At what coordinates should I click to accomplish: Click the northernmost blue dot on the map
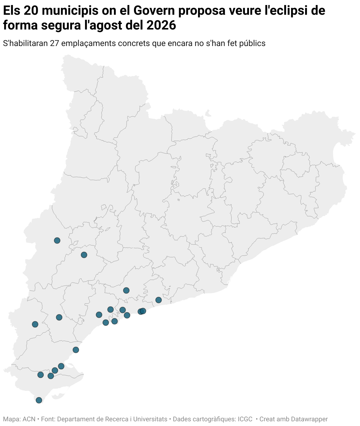tap(57, 240)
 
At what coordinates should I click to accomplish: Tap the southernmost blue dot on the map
tap(39, 400)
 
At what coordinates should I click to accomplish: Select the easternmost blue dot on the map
tap(158, 300)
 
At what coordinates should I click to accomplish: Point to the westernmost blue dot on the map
tap(35, 324)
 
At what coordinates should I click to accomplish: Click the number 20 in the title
tap(31, 11)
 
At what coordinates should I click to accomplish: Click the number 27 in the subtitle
tap(55, 43)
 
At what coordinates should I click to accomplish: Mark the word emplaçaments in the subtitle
tap(89, 43)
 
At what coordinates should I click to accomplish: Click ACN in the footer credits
tap(29, 419)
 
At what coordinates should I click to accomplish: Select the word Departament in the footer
tap(75, 419)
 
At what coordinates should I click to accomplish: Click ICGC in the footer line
tap(245, 419)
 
